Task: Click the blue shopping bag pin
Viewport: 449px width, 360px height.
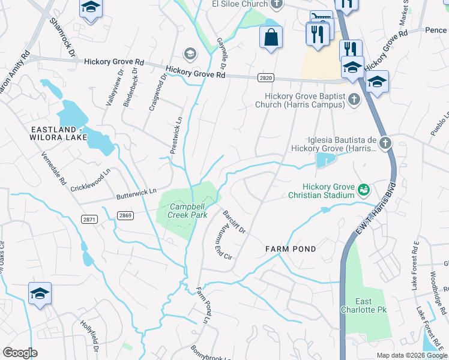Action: pos(271,37)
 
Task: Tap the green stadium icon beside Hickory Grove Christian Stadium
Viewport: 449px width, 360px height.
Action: pos(363,190)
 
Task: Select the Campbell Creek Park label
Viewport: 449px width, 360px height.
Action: pos(181,209)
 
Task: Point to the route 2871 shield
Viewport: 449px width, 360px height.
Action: pos(89,220)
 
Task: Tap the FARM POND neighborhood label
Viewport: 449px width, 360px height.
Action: pos(291,248)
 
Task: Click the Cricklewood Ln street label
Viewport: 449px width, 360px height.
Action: pos(91,180)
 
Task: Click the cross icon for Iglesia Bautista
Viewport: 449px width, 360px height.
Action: pos(385,143)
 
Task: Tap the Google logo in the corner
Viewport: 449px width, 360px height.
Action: pos(20,353)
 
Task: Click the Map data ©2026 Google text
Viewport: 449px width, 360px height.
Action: pos(411,355)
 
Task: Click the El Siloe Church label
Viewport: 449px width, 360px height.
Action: pos(239,4)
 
